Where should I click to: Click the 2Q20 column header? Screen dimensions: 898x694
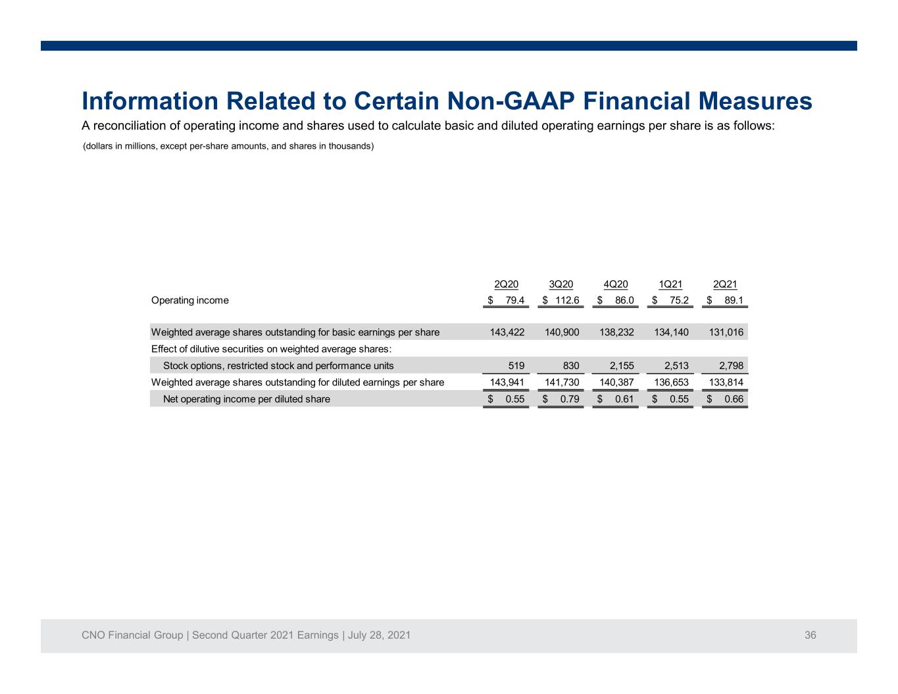[x=506, y=284]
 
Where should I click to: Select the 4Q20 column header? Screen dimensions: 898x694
[x=615, y=284]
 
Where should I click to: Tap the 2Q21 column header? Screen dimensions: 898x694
[x=725, y=284]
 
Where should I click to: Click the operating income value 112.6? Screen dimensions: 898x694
[x=567, y=301]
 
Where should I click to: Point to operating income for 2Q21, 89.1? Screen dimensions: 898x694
[x=734, y=301]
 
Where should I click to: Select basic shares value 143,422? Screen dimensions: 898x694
[x=507, y=332]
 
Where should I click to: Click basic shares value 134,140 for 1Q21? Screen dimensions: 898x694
[x=671, y=332]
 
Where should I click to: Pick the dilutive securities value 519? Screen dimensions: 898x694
[x=516, y=366]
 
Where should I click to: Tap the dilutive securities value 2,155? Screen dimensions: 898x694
[x=622, y=366]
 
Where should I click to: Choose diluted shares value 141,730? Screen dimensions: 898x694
[x=562, y=382]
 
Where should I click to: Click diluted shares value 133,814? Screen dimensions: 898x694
[x=726, y=382]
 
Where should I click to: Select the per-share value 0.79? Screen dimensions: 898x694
[x=570, y=399]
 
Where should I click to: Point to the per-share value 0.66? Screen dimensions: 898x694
[x=734, y=399]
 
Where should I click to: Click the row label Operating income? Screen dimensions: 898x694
[x=189, y=301]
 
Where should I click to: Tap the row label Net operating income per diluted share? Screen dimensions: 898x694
[x=247, y=399]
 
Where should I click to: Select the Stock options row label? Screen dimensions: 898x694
[x=278, y=366]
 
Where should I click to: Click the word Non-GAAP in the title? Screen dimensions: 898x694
[x=511, y=101]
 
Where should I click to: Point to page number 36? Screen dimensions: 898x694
[x=810, y=635]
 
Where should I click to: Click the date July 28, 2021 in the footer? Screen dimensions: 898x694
[x=379, y=635]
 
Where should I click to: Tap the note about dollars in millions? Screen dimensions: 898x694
[x=228, y=146]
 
